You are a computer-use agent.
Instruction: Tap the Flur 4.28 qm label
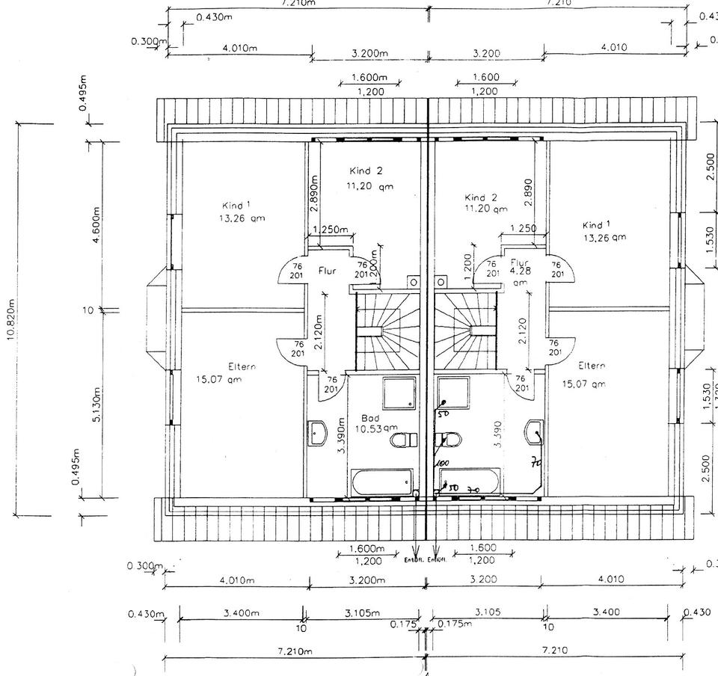click(521, 272)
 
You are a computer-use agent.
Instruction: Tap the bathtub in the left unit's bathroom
click(382, 482)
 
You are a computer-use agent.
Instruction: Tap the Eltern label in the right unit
click(592, 366)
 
